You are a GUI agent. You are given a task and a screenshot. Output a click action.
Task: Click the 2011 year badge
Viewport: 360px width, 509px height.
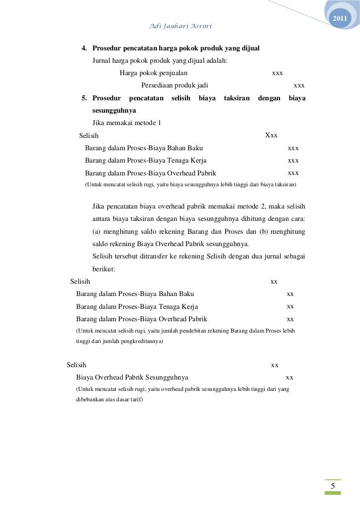340,19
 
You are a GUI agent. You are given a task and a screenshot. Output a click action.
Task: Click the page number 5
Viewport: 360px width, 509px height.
333,487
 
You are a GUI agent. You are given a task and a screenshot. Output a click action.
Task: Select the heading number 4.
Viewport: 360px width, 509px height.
84,48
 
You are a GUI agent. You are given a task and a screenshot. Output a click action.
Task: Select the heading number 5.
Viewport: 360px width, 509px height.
84,98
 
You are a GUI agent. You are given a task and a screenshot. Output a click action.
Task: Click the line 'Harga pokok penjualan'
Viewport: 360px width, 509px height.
153,73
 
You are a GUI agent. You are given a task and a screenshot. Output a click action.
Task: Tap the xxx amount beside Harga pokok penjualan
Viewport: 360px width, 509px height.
277,73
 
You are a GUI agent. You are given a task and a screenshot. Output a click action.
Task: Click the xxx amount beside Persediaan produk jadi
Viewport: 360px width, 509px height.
299,85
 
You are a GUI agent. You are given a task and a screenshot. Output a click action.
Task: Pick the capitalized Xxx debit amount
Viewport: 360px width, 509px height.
271,135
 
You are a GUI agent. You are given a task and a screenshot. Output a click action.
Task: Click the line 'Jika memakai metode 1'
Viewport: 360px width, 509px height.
127,123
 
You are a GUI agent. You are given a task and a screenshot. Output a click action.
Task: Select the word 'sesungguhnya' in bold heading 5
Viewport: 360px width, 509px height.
114,111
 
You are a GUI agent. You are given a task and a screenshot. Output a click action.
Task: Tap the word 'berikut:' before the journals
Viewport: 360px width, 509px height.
104,269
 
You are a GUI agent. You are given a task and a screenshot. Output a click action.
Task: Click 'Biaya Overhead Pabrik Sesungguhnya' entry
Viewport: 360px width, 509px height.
132,378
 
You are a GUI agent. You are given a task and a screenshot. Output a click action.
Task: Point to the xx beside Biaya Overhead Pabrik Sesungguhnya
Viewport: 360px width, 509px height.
290,378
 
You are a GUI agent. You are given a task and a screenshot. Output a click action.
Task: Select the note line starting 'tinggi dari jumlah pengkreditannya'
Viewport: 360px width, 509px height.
119,341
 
